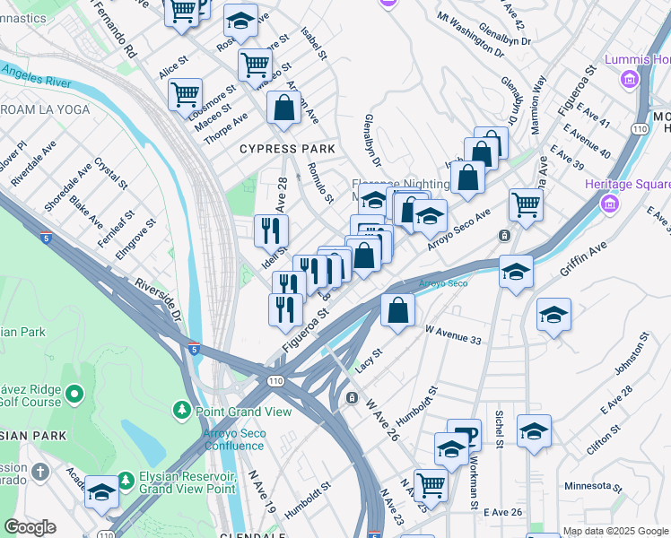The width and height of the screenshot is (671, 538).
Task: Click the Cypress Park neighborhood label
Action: point(287,148)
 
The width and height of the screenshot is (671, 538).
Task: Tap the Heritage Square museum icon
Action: point(610,204)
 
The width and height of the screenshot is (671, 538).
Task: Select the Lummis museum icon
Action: point(630,79)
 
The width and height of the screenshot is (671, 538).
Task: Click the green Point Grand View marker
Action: point(181,412)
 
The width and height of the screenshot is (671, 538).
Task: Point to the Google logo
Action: point(30,527)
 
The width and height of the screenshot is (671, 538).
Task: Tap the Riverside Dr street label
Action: point(158,301)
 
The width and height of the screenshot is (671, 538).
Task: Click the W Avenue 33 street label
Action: point(454,334)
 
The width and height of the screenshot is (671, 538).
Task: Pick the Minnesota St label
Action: point(592,487)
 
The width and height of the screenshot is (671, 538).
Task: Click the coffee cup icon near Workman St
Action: point(464,435)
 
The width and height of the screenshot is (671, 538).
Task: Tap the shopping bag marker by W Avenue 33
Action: point(397,310)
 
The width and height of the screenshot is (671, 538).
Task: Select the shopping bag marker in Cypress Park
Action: point(284,108)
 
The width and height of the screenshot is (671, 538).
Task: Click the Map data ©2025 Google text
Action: point(615,531)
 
